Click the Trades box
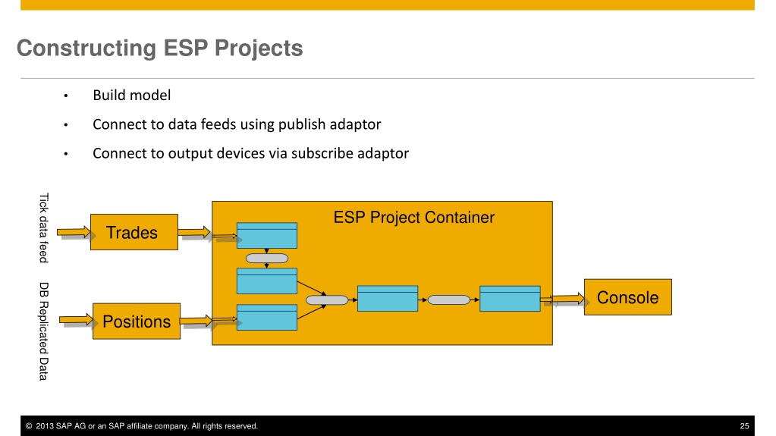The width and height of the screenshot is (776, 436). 134,232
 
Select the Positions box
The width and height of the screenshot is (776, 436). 137,322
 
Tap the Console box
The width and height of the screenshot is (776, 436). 628,297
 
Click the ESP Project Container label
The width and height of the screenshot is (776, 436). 413,218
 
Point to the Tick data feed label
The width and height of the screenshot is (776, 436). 44,227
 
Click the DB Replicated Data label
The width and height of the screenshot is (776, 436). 44,331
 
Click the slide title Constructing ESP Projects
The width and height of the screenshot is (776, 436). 160,49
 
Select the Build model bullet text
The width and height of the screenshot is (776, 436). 132,95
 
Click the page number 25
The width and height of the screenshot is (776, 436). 744,426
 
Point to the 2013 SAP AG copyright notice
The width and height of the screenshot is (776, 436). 142,426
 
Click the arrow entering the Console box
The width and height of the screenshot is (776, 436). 562,299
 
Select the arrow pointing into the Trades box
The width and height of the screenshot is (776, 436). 74,232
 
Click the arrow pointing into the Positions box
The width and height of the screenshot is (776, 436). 76,320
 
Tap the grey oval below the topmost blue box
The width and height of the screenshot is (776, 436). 267,259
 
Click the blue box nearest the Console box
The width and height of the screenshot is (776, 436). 510,299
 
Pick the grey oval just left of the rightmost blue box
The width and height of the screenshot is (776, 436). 449,300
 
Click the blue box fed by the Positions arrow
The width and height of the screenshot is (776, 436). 267,317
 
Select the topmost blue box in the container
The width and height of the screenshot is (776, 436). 267,236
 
